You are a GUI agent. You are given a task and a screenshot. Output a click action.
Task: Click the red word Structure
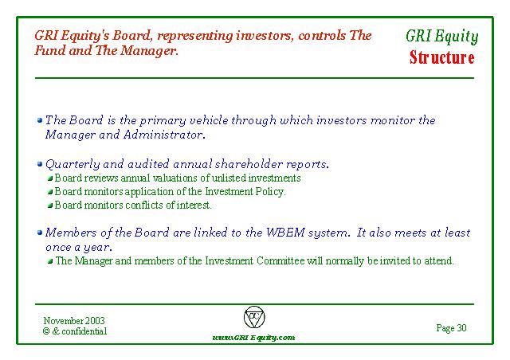441,58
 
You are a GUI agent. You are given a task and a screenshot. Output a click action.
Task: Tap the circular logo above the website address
254,317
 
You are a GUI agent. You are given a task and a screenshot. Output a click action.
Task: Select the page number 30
461,328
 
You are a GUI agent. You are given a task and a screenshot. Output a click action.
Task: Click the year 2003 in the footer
95,321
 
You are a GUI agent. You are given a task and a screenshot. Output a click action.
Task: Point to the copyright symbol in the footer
46,331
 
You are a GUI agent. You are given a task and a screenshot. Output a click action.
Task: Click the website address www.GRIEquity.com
253,338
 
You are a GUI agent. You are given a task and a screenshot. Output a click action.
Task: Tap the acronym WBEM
285,233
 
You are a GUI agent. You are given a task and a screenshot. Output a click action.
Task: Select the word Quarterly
73,164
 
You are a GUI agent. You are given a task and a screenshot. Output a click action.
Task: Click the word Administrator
164,135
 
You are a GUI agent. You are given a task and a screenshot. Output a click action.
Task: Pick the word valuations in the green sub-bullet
175,178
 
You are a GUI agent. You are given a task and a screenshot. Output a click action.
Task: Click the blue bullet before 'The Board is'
40,120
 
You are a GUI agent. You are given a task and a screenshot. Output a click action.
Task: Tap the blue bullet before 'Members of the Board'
40,233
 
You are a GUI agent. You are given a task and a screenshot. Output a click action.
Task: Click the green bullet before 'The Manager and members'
50,261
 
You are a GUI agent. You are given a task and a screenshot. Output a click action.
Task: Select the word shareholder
249,164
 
